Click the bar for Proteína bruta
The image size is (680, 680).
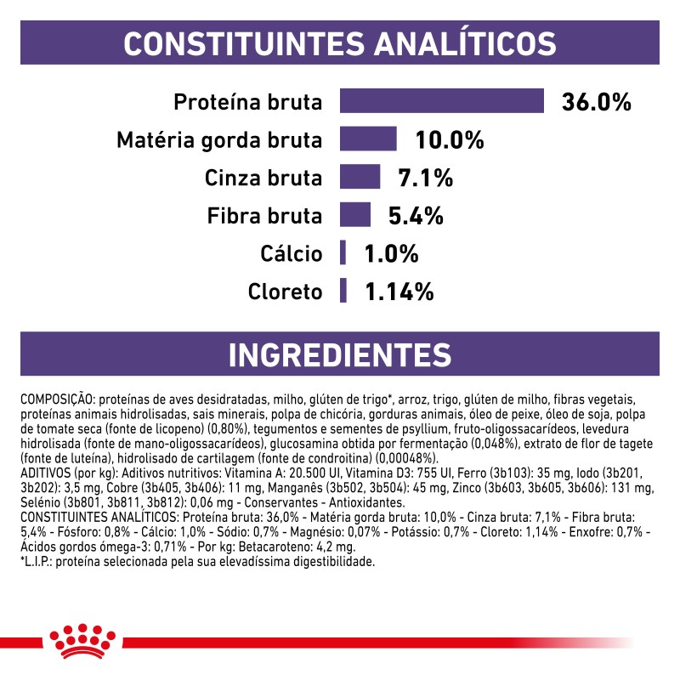tap(441, 101)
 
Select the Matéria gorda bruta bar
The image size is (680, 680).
tap(368, 139)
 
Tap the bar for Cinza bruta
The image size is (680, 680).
tap(360, 177)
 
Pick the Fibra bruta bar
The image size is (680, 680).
tap(355, 215)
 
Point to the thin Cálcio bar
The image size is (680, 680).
tap(343, 253)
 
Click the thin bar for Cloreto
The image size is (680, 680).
tap(343, 291)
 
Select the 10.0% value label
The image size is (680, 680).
tap(449, 139)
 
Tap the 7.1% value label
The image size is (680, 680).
tap(425, 178)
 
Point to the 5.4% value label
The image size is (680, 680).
tap(416, 216)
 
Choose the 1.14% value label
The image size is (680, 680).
tap(399, 292)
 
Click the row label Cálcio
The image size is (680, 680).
tap(291, 253)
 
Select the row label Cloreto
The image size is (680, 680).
tap(286, 292)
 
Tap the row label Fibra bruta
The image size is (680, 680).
tap(265, 216)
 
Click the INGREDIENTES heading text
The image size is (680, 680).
tap(340, 354)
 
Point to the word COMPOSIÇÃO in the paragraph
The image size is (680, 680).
tap(56, 399)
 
